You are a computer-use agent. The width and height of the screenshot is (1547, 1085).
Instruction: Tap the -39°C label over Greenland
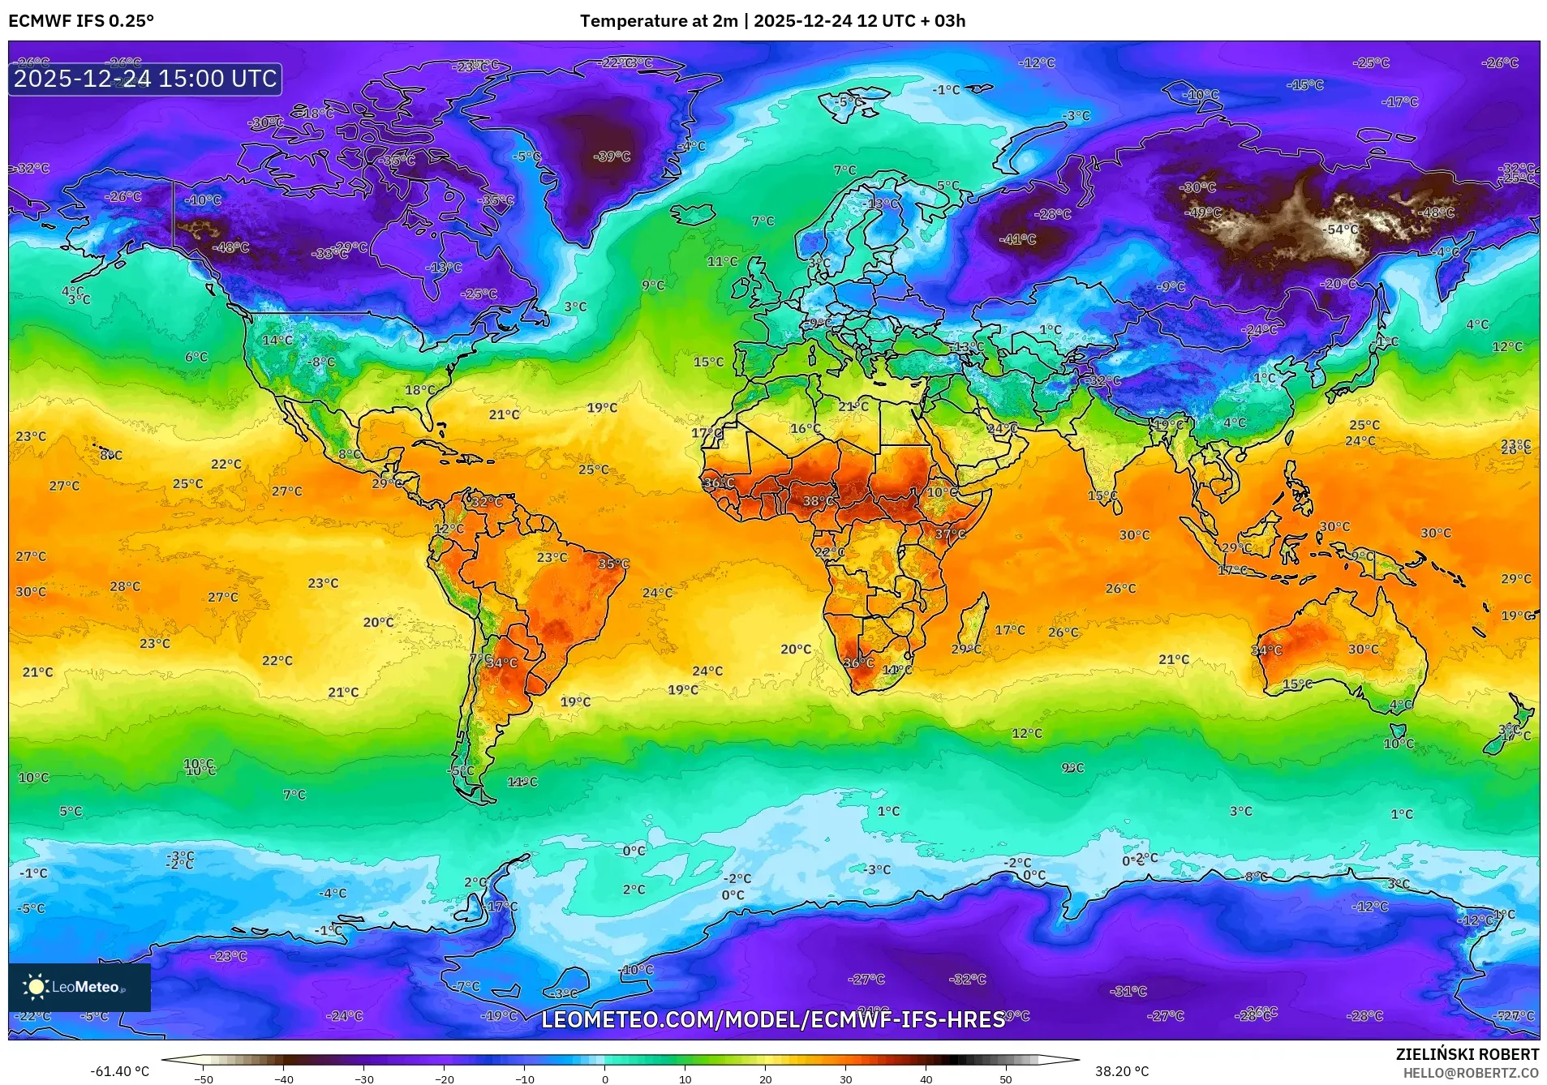click(x=612, y=157)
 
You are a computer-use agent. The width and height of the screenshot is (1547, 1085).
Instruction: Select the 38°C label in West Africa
click(x=818, y=501)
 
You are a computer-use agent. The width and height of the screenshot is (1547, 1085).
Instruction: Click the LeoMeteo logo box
click(x=79, y=987)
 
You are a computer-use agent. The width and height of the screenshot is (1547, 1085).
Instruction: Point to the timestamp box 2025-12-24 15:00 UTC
click(x=145, y=79)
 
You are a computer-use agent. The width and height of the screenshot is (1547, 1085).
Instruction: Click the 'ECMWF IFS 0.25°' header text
click(x=81, y=21)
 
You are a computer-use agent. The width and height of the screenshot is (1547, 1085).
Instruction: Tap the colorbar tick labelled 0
click(x=604, y=1079)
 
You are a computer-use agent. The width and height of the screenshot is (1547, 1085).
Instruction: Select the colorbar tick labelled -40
click(x=283, y=1079)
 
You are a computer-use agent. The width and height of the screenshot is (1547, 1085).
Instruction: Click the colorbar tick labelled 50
click(x=1005, y=1079)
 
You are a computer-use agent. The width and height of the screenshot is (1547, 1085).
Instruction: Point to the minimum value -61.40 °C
click(x=119, y=1071)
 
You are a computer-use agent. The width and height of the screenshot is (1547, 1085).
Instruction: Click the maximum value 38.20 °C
click(x=1122, y=1071)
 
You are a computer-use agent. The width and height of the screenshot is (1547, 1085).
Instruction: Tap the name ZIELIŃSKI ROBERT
click(x=1467, y=1054)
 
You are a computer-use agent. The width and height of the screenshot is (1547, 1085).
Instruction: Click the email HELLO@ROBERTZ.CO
click(x=1470, y=1073)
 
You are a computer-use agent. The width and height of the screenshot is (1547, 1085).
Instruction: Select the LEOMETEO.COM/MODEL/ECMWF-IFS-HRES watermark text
click(x=773, y=1019)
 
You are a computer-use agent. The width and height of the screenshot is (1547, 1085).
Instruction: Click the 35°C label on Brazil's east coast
click(x=613, y=564)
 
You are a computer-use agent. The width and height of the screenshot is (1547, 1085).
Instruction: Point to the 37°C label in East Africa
click(x=950, y=534)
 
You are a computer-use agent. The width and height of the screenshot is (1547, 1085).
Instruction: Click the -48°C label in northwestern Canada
click(x=230, y=247)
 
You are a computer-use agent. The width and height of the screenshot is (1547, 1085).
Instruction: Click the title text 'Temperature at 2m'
click(x=659, y=21)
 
